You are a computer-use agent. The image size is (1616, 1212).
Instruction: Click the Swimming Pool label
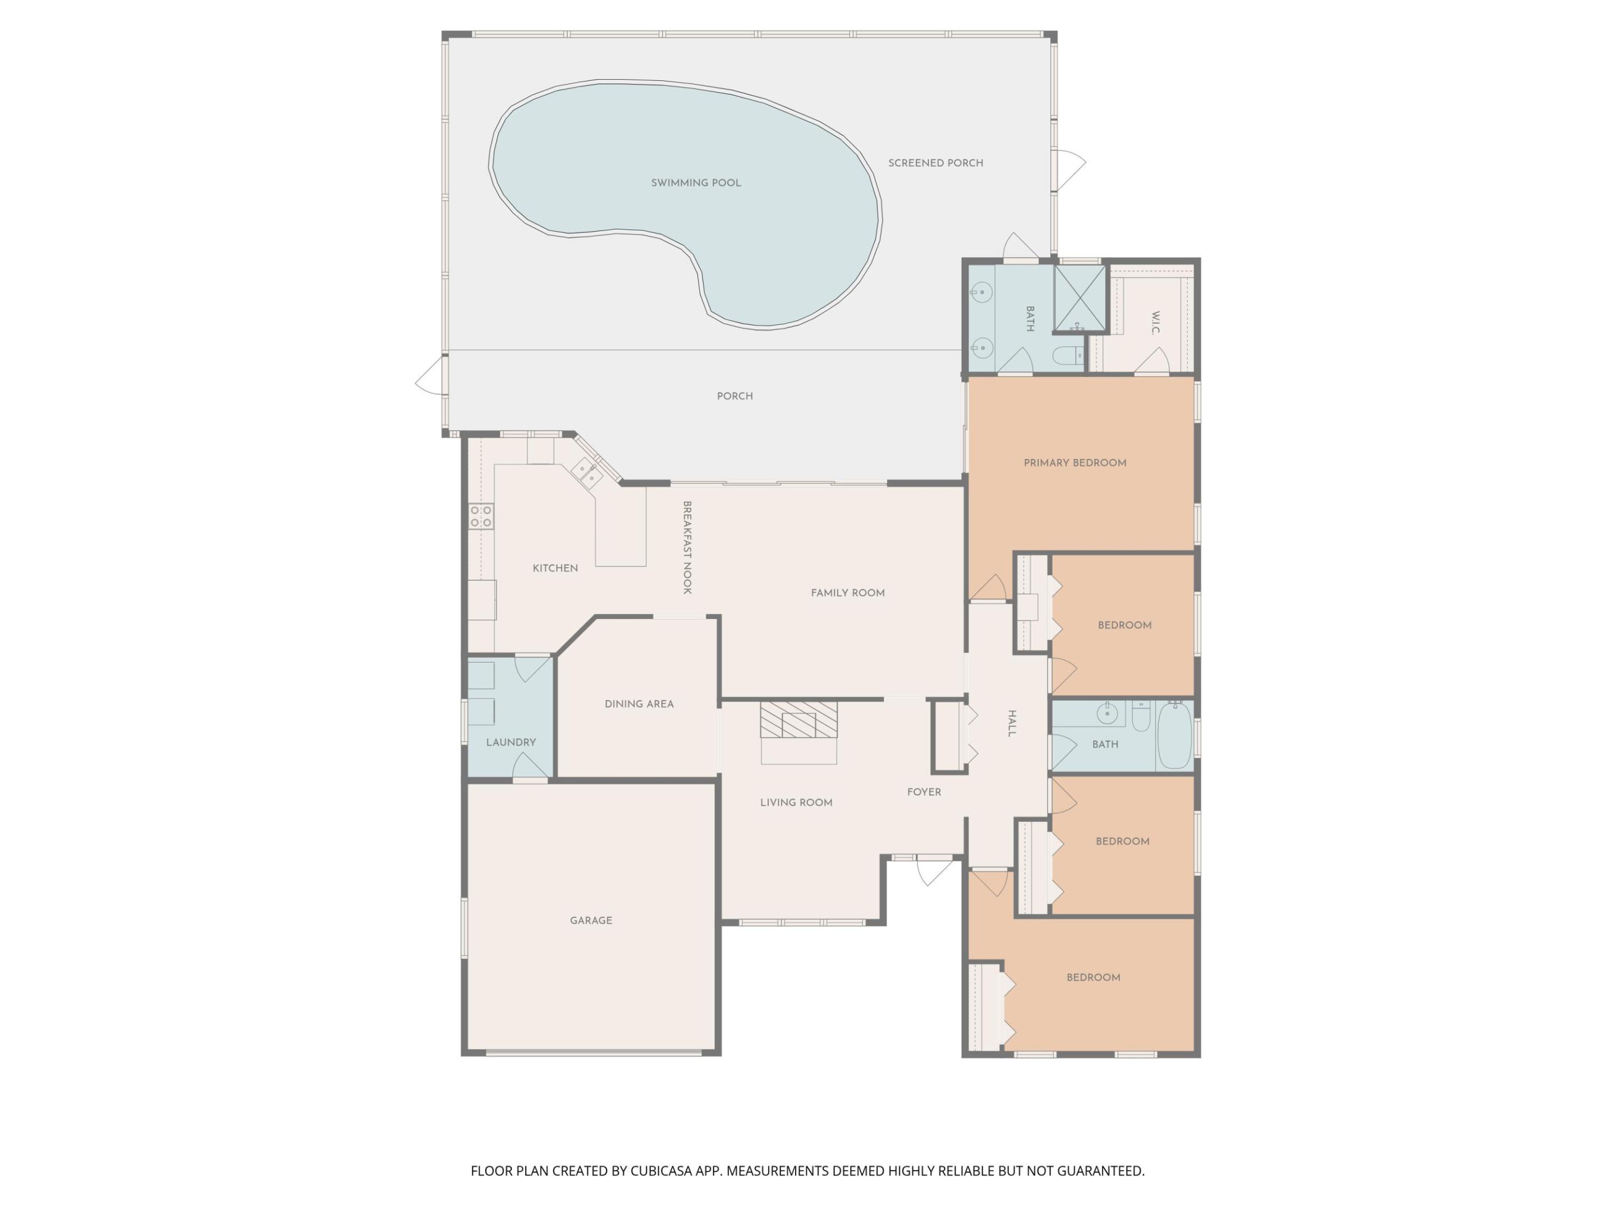[695, 182]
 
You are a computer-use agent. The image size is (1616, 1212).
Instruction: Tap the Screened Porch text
[935, 163]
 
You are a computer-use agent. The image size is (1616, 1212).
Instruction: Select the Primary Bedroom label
[1075, 462]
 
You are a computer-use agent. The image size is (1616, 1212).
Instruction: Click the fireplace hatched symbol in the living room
[798, 719]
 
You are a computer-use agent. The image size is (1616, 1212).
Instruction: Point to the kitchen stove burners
[481, 516]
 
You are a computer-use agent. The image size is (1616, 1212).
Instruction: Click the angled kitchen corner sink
[586, 472]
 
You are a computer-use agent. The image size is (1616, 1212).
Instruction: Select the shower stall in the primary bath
[1079, 298]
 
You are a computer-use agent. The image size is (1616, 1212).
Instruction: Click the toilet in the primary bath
[1068, 356]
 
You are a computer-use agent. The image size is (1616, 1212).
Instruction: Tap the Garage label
[591, 921]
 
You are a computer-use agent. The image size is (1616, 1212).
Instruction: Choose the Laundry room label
[511, 742]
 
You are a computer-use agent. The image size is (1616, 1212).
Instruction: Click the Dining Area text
[639, 704]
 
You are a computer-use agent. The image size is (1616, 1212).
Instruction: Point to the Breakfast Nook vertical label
[687, 547]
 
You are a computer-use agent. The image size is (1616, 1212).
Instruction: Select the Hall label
[1012, 723]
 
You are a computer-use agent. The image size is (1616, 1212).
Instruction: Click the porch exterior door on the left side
[431, 377]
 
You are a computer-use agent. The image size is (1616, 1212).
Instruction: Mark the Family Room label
[847, 593]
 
